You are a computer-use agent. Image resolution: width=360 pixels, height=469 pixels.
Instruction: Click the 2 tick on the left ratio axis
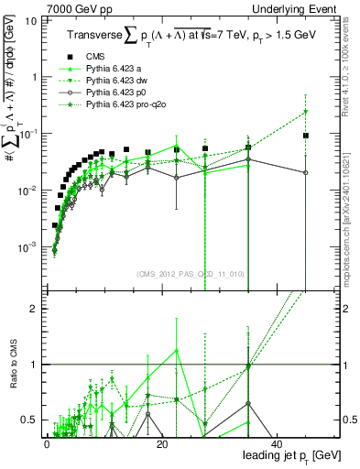click(35, 309)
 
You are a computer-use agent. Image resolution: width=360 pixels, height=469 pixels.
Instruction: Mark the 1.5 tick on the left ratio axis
click(31, 337)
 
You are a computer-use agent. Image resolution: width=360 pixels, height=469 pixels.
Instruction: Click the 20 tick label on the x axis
click(161, 444)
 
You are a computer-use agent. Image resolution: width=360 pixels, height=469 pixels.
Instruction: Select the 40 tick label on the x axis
click(277, 444)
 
